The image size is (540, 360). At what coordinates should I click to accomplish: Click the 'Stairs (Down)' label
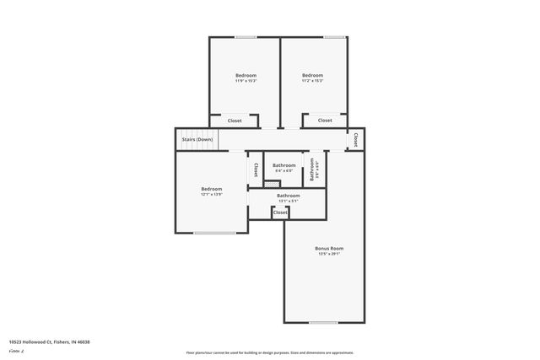pyautogui.click(x=197, y=139)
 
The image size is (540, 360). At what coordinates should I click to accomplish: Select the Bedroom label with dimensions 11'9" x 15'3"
pyautogui.click(x=246, y=76)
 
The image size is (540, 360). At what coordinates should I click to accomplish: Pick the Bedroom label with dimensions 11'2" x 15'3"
pyautogui.click(x=312, y=76)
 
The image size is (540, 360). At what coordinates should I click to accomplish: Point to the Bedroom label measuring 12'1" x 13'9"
pyautogui.click(x=211, y=189)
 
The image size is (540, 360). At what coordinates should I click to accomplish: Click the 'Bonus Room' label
pyautogui.click(x=329, y=249)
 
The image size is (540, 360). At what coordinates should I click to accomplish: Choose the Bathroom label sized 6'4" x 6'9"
pyautogui.click(x=284, y=165)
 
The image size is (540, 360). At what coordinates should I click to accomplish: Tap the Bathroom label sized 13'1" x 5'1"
pyautogui.click(x=289, y=196)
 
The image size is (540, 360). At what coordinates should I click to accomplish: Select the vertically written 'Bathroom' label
pyautogui.click(x=312, y=169)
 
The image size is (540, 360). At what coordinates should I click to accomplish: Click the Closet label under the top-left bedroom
pyautogui.click(x=235, y=121)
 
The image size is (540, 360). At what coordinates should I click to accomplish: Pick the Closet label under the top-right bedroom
pyautogui.click(x=325, y=121)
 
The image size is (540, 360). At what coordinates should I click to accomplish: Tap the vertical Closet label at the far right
pyautogui.click(x=356, y=140)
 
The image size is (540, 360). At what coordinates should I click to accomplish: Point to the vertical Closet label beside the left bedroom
pyautogui.click(x=256, y=169)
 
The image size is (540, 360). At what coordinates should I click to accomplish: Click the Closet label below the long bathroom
pyautogui.click(x=280, y=212)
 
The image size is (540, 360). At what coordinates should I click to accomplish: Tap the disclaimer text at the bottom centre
pyautogui.click(x=269, y=352)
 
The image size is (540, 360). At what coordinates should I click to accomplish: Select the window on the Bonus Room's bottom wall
pyautogui.click(x=324, y=322)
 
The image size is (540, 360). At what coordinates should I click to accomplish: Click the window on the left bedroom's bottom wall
pyautogui.click(x=215, y=232)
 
